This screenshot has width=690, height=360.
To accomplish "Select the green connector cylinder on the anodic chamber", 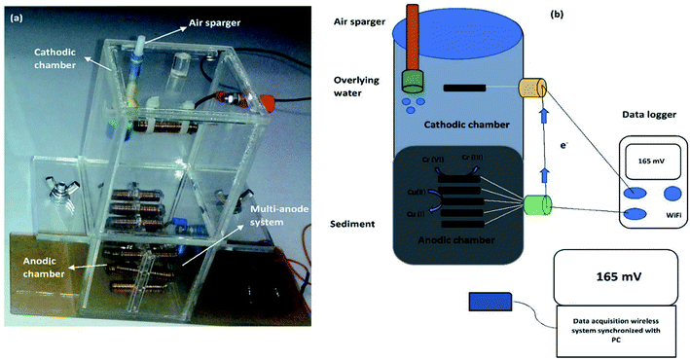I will (537, 206).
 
